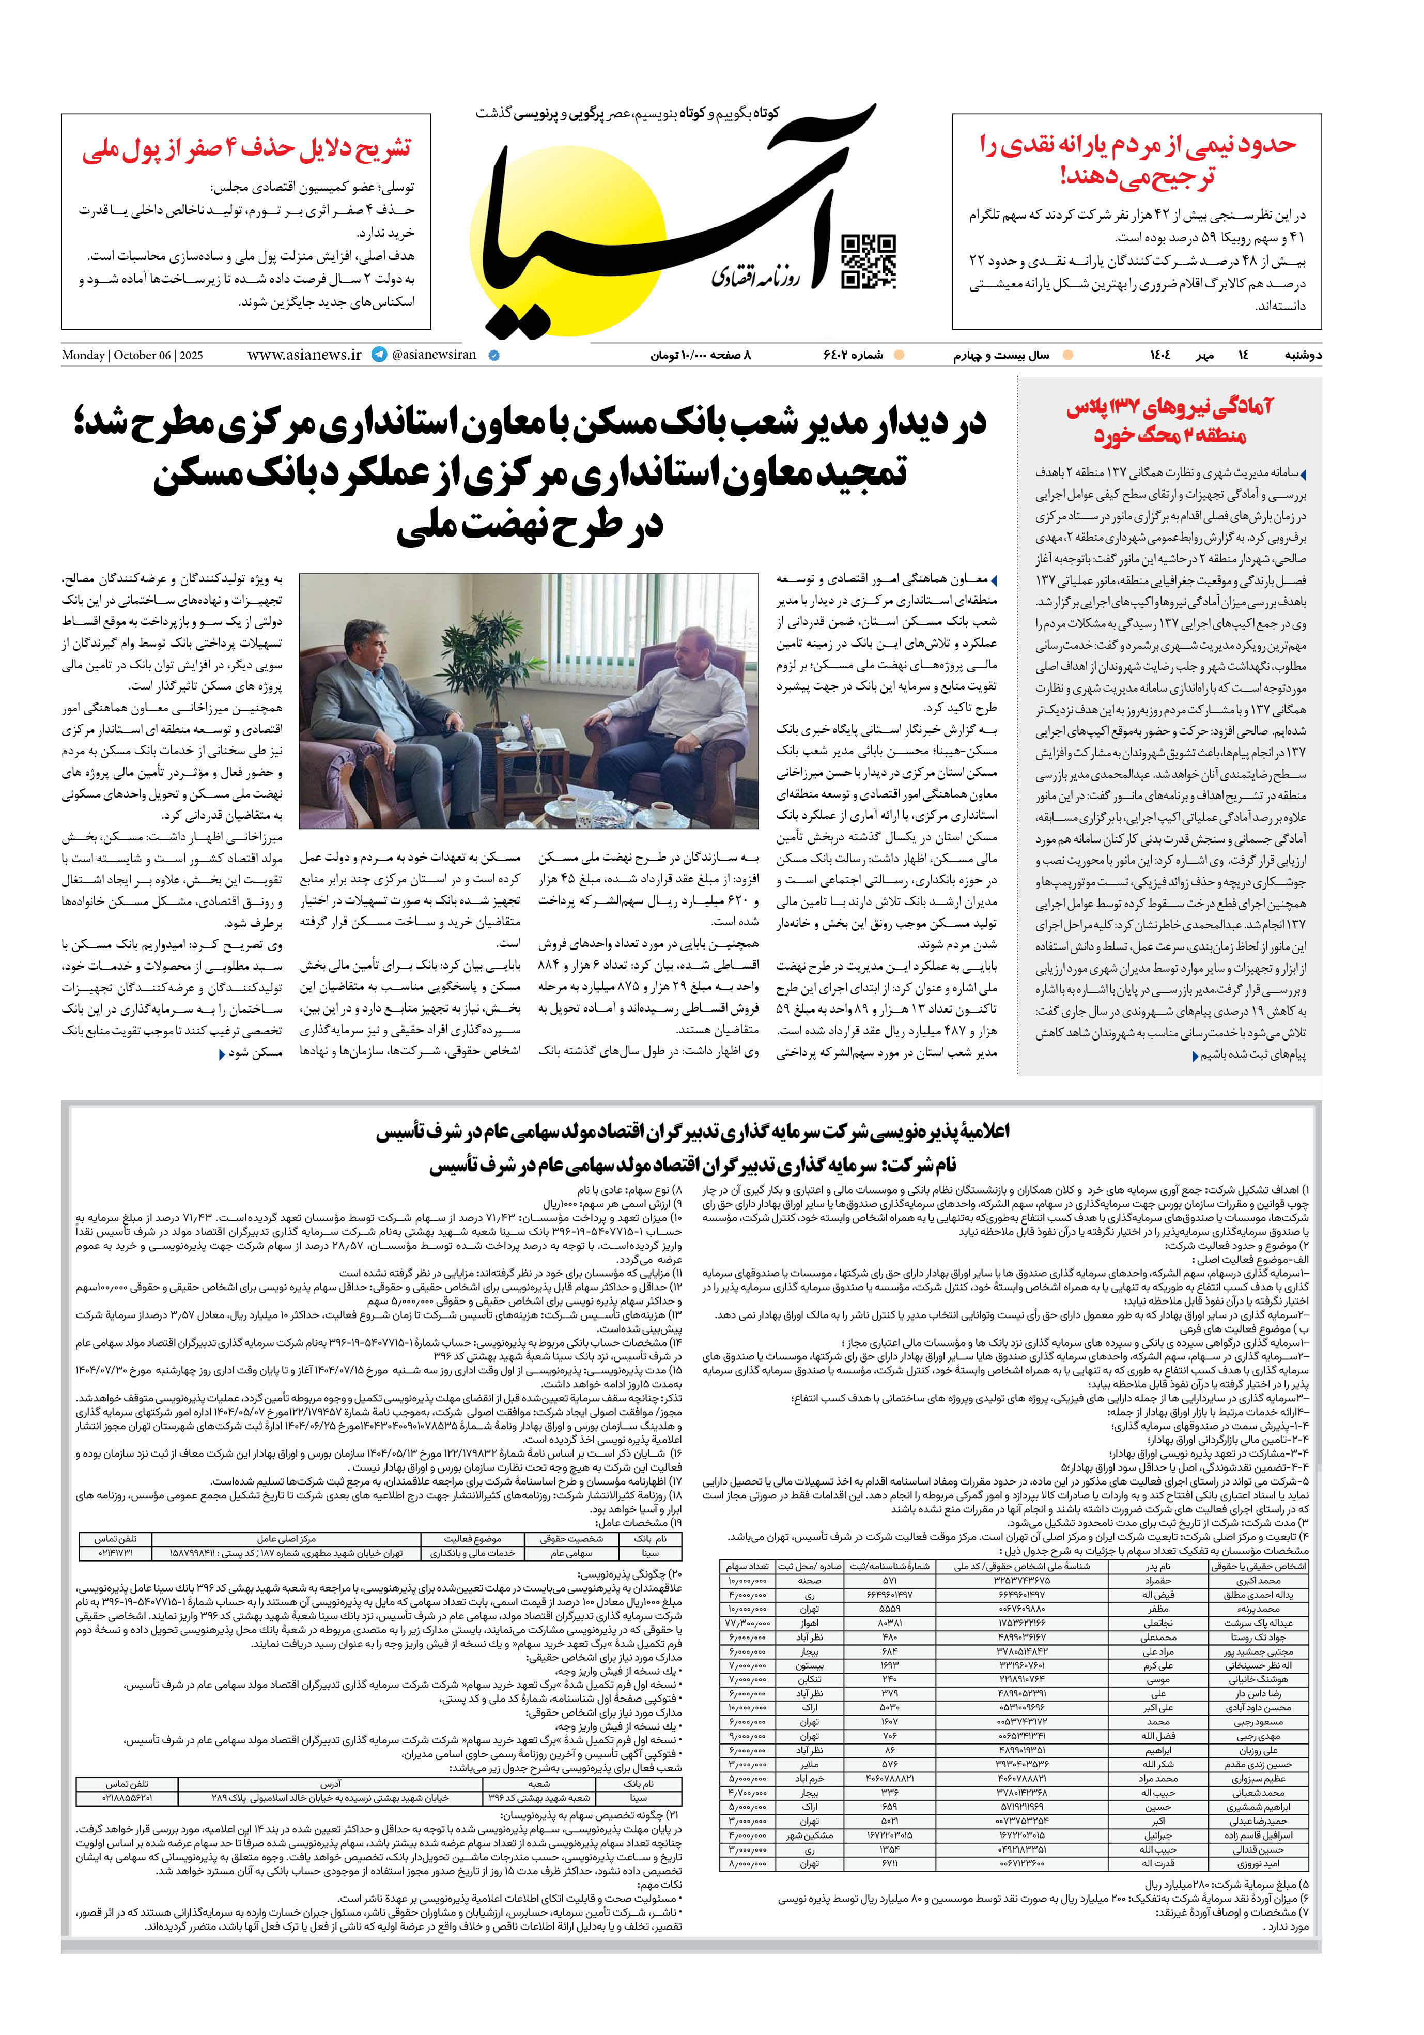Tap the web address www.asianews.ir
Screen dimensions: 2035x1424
coord(304,355)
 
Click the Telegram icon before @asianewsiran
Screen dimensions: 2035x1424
coord(379,355)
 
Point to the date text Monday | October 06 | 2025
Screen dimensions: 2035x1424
coord(132,356)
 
